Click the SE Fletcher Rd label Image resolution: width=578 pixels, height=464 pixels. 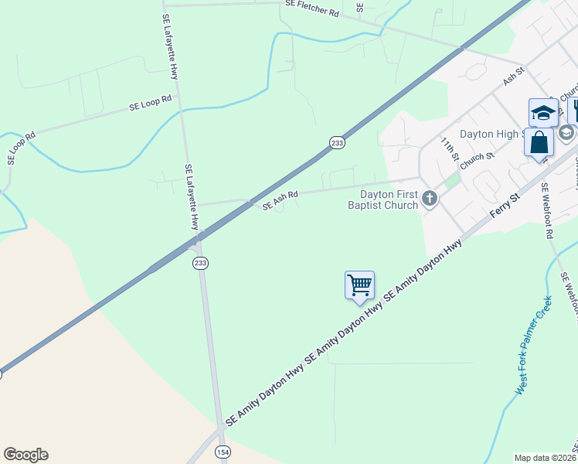click(x=312, y=9)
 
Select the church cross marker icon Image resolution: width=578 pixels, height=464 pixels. click(x=430, y=200)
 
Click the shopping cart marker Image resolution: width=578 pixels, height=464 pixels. click(x=359, y=285)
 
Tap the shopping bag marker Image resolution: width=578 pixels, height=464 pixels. click(x=539, y=143)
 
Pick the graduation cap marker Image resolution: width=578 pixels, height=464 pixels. click(x=543, y=113)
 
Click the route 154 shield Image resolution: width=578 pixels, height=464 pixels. click(x=223, y=452)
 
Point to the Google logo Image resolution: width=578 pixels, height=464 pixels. click(x=25, y=455)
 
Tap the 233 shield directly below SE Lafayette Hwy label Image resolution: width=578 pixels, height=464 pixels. click(x=199, y=263)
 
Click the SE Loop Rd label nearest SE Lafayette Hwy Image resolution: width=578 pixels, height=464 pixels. click(x=151, y=104)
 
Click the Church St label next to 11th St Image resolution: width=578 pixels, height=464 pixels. click(x=476, y=161)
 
